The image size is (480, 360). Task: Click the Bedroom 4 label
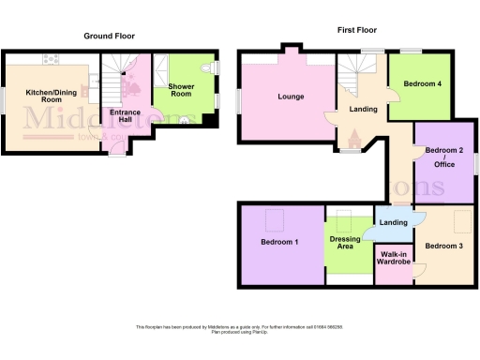(x=422, y=84)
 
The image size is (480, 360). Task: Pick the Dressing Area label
(x=346, y=243)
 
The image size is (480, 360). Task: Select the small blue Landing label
(x=393, y=222)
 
